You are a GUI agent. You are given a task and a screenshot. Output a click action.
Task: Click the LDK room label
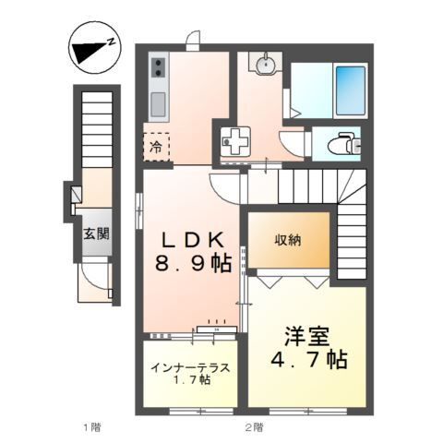[192, 239]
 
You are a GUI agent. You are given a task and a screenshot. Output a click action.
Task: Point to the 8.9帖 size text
[192, 265]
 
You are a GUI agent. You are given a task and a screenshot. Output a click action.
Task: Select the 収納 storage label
[287, 239]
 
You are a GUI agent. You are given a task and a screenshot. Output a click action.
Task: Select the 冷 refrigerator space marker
[156, 146]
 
